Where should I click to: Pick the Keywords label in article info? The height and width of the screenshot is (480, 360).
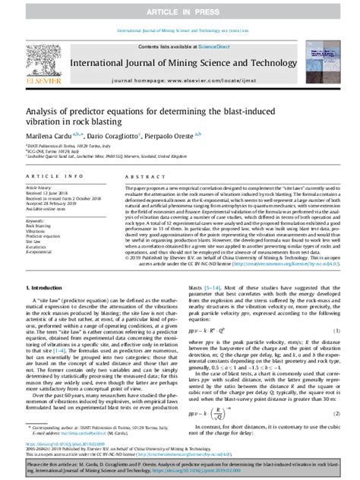pyautogui.click(x=34, y=220)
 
